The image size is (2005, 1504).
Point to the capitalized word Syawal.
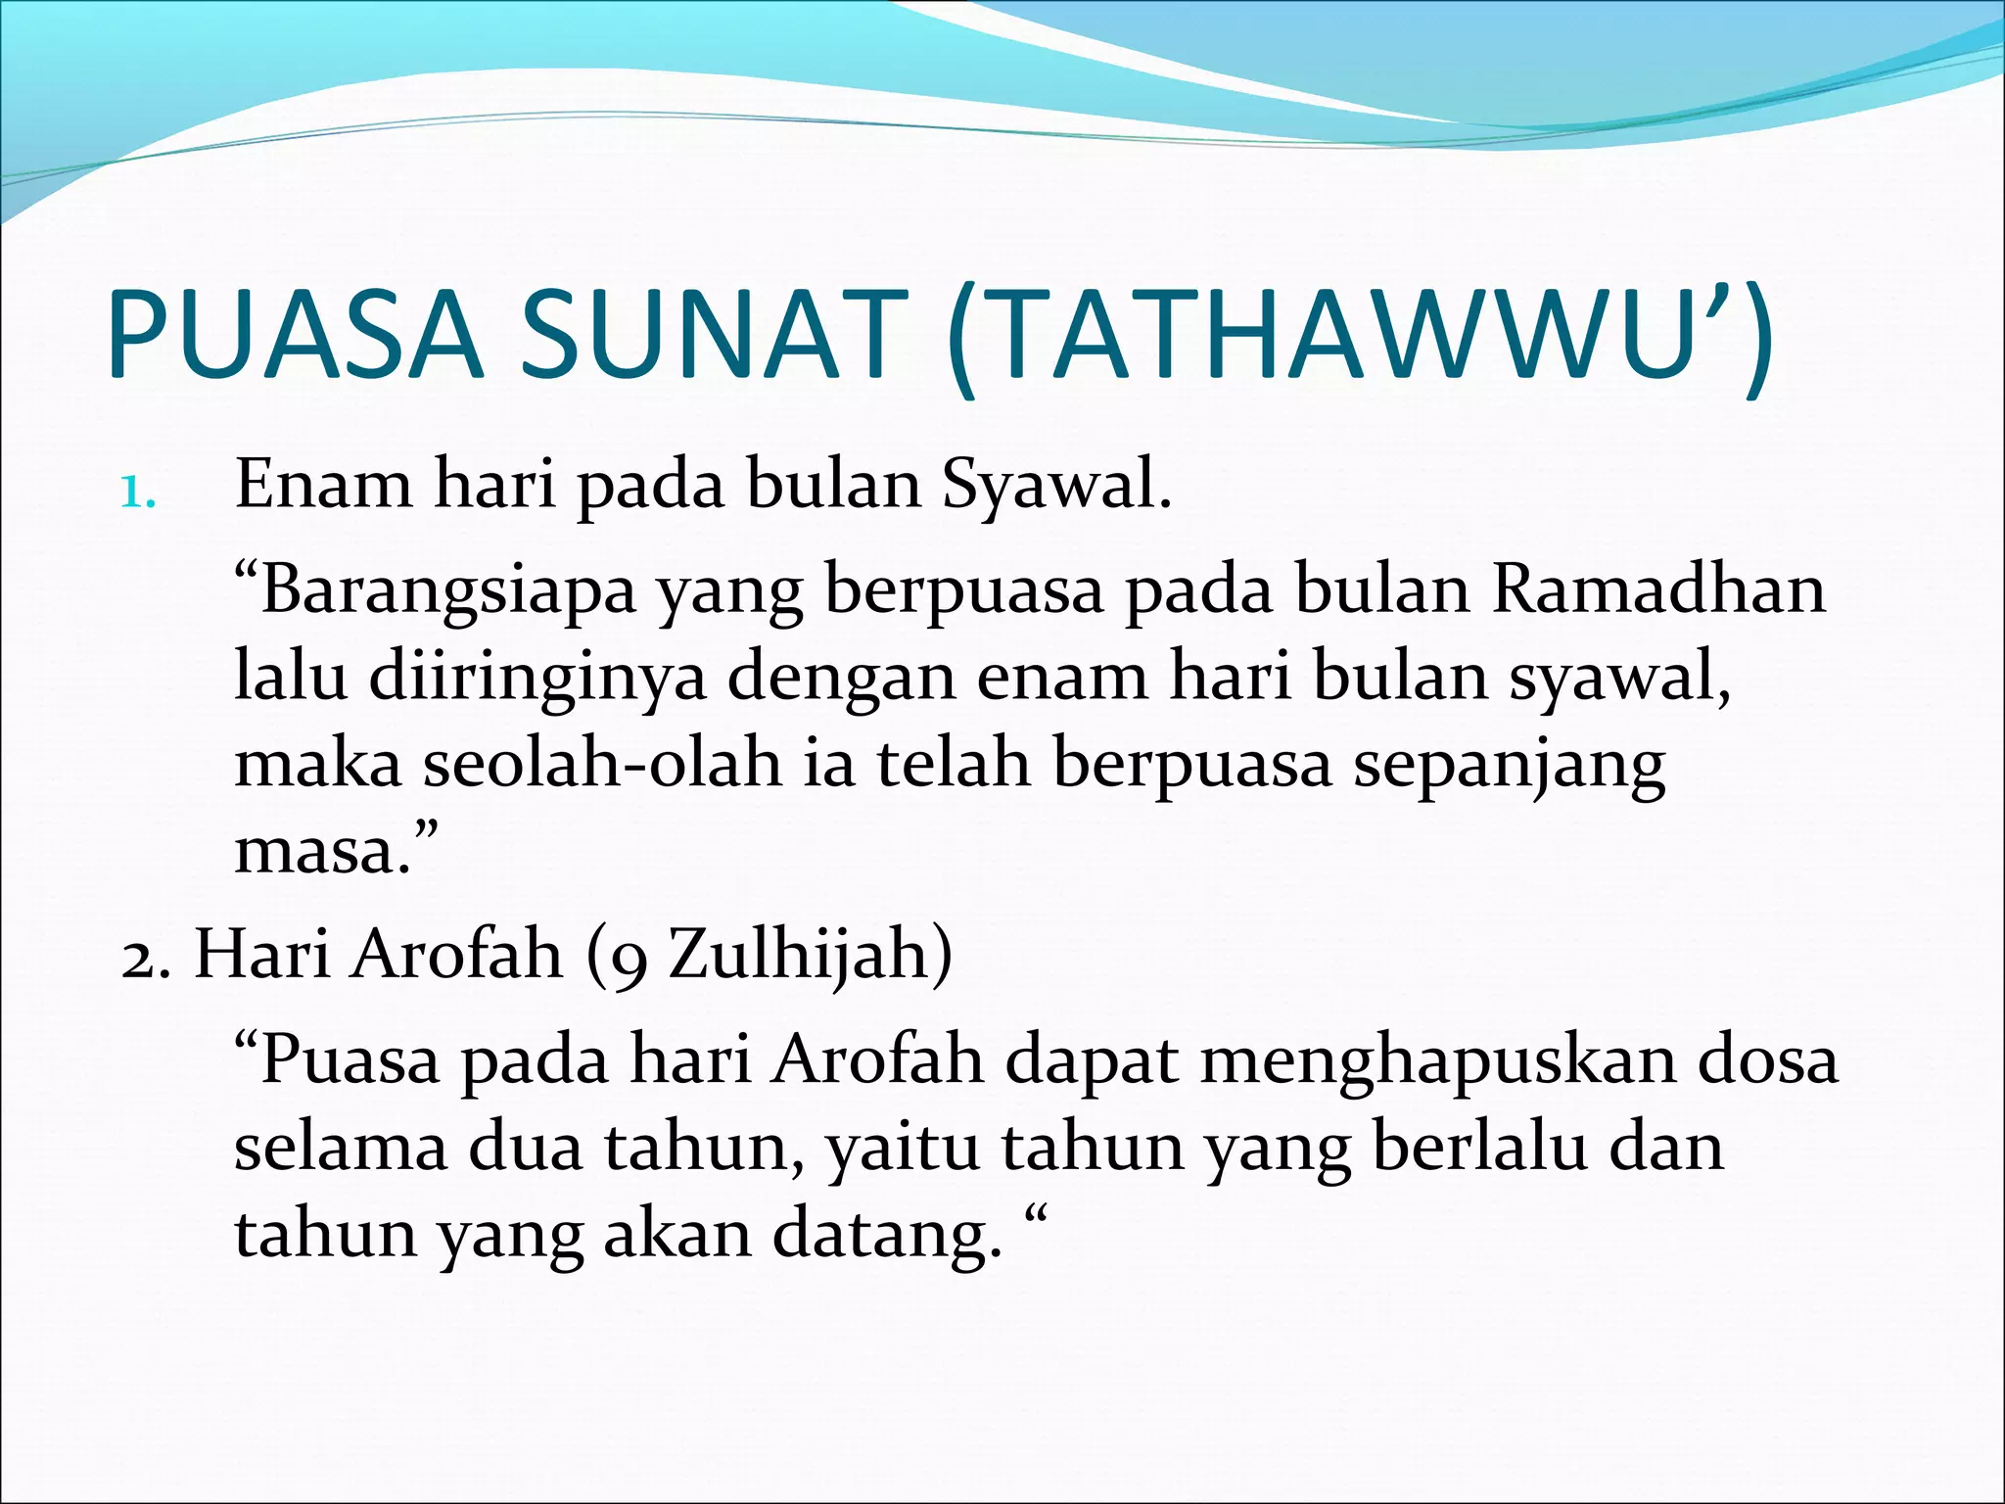point(1056,486)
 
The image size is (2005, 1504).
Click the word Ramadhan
point(1658,590)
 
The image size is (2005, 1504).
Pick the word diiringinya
point(537,679)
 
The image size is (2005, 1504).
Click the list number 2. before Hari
point(147,956)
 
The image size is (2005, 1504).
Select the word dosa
point(1768,1060)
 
